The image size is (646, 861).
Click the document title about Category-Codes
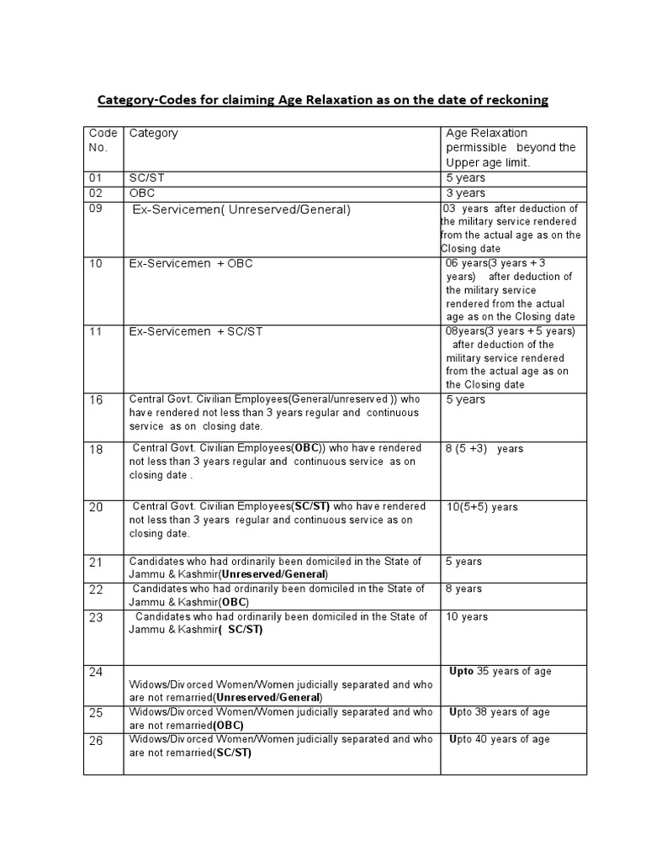click(323, 100)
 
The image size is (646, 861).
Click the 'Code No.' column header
click(103, 140)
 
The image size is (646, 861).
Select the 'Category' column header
click(153, 133)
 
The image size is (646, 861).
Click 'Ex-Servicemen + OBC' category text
click(191, 263)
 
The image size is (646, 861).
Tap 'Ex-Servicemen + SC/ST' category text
click(196, 331)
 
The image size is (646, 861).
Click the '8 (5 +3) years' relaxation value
click(484, 449)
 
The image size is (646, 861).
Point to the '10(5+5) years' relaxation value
click(481, 507)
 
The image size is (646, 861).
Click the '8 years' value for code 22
click(463, 589)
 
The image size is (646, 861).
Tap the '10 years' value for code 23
click(466, 617)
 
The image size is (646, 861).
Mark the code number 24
click(96, 673)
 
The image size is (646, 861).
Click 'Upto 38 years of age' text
click(500, 712)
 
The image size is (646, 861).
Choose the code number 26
click(96, 741)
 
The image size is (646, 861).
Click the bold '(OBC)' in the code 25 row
click(229, 725)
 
